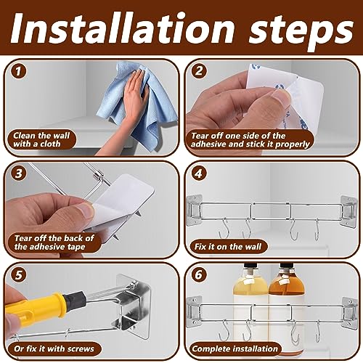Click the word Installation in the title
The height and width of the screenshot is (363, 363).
(x=123, y=29)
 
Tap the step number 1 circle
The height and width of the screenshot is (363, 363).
(x=19, y=71)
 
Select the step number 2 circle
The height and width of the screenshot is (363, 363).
(x=199, y=71)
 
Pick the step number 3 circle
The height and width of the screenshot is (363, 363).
(x=19, y=174)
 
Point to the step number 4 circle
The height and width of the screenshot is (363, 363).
(x=199, y=174)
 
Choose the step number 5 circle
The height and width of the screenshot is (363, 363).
(x=19, y=275)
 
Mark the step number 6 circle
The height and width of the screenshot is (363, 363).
(x=199, y=275)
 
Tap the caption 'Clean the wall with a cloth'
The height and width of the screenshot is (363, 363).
(x=41, y=139)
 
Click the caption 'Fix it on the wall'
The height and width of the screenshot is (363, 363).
(x=228, y=247)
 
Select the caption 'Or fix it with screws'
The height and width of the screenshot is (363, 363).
(x=54, y=348)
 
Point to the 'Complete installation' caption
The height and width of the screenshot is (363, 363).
(x=234, y=348)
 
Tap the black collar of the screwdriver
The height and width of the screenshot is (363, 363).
(x=75, y=298)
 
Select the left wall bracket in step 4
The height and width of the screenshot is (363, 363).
(x=195, y=210)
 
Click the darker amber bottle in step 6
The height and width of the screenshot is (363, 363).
(x=287, y=303)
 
